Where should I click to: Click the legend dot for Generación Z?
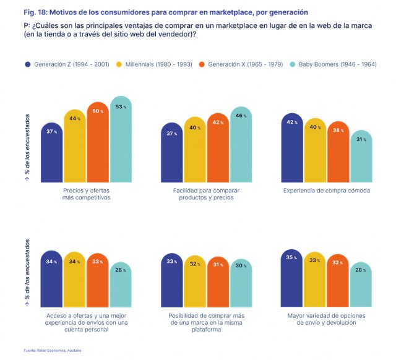pyautogui.click(x=27, y=64)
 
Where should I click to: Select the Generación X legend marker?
pyautogui.click(x=202, y=64)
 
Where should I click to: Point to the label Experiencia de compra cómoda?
pyautogui.click(x=327, y=191)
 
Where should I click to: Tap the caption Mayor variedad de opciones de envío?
pyautogui.click(x=327, y=319)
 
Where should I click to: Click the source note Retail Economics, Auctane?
pyautogui.click(x=56, y=351)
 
